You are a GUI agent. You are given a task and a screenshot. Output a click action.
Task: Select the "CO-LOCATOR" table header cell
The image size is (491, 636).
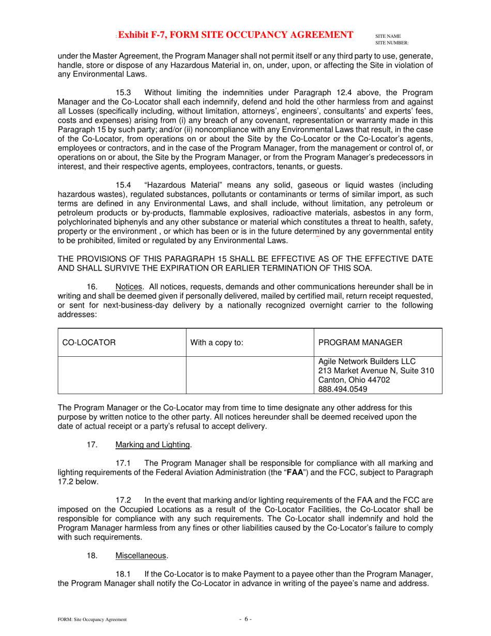[x=88, y=342]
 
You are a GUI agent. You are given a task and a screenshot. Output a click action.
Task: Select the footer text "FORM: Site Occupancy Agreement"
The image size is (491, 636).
[x=92, y=619]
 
